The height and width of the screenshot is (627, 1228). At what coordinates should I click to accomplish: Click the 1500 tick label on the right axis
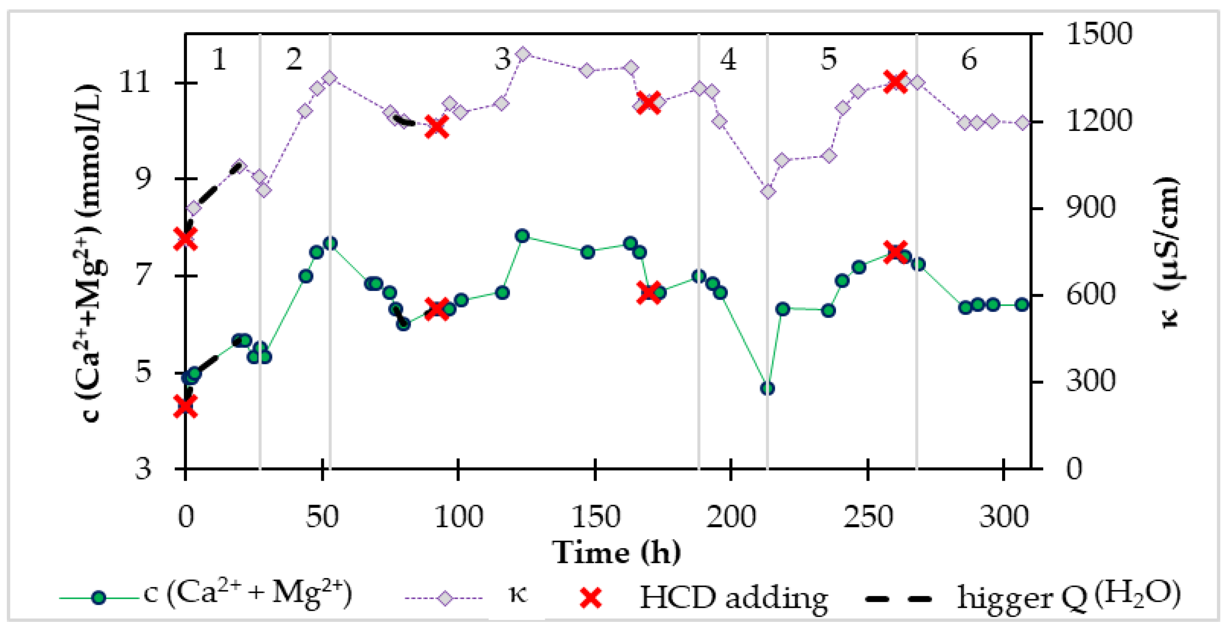tap(1099, 34)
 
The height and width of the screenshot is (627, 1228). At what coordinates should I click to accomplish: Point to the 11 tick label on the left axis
tap(134, 83)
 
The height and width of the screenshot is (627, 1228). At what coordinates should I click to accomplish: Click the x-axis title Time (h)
tap(617, 553)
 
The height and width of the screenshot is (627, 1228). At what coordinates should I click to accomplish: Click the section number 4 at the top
tap(728, 60)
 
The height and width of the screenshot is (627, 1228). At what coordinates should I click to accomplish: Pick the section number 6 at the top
tap(969, 60)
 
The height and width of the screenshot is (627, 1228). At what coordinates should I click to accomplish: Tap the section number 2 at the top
tap(294, 60)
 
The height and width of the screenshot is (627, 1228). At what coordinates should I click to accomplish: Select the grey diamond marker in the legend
tap(444, 598)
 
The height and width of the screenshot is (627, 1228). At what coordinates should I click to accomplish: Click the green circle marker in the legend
tap(99, 598)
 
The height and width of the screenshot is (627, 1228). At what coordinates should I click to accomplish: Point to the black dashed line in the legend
tap(898, 598)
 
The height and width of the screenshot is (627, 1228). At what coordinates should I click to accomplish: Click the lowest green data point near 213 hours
tap(767, 388)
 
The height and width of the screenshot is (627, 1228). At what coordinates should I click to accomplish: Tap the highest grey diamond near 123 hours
tap(523, 54)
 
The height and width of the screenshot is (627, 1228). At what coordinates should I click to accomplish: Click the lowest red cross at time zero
tap(185, 406)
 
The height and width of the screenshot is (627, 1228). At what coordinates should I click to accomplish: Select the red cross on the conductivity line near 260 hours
tap(895, 82)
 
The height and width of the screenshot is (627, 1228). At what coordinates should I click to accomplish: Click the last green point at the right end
tap(1022, 305)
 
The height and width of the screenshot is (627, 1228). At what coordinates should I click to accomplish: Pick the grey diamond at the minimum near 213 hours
tap(768, 192)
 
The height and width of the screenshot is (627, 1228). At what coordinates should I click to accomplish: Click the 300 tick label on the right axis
tap(1091, 381)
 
